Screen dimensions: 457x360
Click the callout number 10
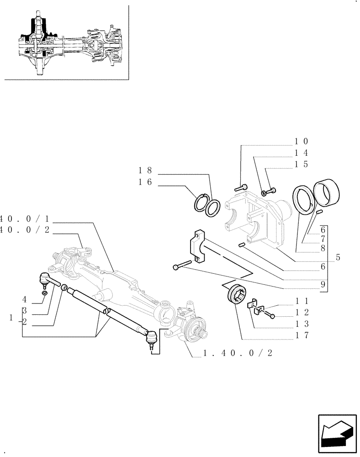[x=302, y=142]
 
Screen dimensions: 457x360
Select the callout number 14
[x=302, y=153]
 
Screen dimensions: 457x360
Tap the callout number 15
[x=302, y=164]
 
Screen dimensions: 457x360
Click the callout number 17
[x=302, y=335]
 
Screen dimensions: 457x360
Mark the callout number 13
[x=302, y=324]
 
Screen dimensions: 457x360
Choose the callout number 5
[x=338, y=257]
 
